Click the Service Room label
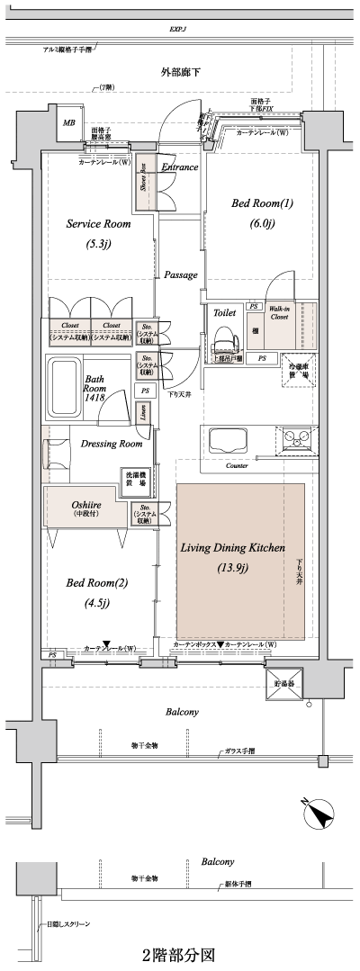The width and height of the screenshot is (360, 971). [98, 223]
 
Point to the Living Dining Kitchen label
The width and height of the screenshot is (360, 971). [232, 547]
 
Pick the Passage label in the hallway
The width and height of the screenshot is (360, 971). [181, 275]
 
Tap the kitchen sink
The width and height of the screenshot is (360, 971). [229, 441]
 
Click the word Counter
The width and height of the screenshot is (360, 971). [237, 466]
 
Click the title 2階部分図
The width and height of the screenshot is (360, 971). [178, 953]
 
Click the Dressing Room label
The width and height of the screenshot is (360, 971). [112, 444]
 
